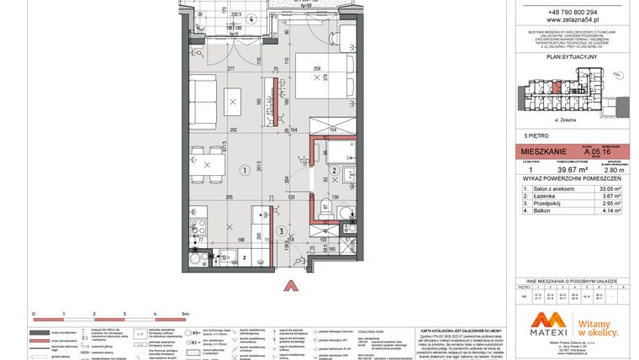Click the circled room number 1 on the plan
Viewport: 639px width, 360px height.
coord(245,169)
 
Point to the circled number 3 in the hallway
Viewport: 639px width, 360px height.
coord(280,232)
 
